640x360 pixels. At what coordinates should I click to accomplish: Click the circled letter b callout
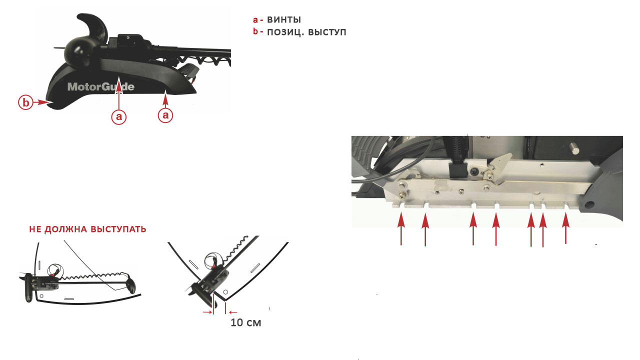[x=25, y=102]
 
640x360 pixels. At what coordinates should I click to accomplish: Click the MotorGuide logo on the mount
[x=101, y=86]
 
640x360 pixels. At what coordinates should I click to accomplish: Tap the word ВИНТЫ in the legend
[x=283, y=19]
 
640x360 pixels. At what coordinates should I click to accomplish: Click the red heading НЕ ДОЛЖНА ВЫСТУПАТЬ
[x=87, y=229]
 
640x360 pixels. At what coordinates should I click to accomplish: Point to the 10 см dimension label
[x=245, y=322]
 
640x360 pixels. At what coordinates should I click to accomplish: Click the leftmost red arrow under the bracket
[x=401, y=228]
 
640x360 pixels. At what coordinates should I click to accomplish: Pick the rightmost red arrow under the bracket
[x=565, y=228]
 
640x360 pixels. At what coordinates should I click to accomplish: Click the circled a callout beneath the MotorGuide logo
[x=118, y=116]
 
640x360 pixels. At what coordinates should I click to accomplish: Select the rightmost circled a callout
[x=165, y=115]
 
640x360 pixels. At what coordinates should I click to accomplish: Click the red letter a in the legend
[x=255, y=19]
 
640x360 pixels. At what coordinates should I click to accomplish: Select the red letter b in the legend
[x=255, y=31]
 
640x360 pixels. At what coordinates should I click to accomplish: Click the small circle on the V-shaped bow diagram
[x=225, y=292]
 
